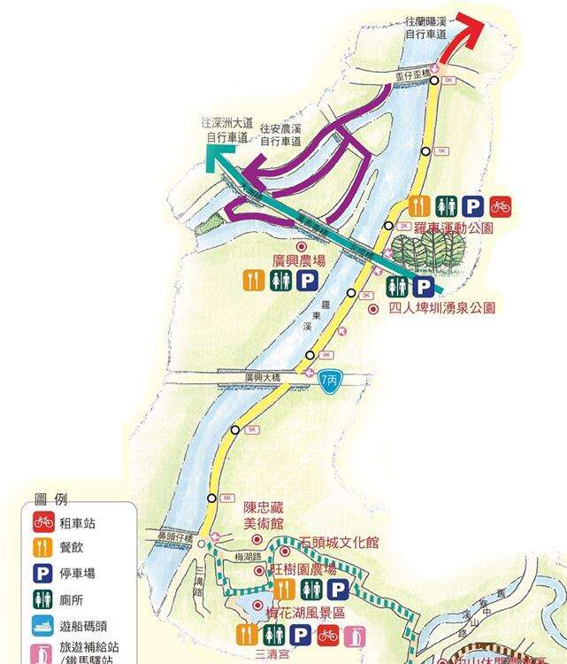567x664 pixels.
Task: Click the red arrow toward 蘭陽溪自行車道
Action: pos(465,40)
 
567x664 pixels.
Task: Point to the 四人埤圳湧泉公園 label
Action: pos(441,308)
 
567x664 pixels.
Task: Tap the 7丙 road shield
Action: pos(330,382)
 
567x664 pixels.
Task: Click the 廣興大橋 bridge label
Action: pos(265,377)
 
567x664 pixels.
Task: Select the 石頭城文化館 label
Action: pos(339,541)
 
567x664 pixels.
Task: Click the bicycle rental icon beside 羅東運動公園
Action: pos(502,207)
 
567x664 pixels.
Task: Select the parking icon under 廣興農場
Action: pos(308,282)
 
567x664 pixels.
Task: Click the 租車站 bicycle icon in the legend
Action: pos(44,522)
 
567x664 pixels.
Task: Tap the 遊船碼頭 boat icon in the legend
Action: pos(44,624)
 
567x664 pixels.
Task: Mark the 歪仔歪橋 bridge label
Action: pos(411,77)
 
